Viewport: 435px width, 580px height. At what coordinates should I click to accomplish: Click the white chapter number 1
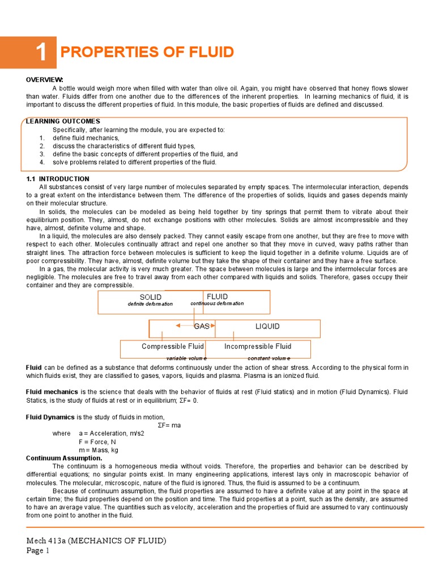click(40, 53)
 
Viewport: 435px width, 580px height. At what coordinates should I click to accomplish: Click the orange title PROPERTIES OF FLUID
click(147, 53)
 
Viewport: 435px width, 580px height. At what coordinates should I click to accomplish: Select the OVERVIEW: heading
click(45, 80)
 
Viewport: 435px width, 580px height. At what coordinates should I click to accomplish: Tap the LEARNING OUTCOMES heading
click(63, 121)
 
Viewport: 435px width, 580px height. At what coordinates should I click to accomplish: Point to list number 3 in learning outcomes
click(42, 154)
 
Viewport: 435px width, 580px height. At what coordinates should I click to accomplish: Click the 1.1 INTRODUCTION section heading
click(58, 179)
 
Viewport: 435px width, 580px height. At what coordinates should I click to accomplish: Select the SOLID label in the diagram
click(150, 297)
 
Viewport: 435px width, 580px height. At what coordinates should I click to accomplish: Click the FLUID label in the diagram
click(217, 297)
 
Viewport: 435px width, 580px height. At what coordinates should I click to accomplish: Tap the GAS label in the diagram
click(202, 326)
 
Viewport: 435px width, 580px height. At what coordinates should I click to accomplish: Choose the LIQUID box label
click(267, 327)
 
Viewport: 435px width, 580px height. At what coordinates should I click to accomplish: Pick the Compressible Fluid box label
click(172, 347)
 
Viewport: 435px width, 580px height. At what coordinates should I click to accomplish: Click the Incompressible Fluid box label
click(258, 347)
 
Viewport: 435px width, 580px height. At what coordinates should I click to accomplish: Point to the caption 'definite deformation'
click(150, 304)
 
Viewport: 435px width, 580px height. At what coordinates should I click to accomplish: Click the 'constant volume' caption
click(269, 359)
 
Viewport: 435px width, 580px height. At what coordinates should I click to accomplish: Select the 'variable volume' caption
click(186, 359)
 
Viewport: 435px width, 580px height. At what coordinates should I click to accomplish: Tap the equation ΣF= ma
click(169, 425)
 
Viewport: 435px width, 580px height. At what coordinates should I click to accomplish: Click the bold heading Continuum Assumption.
click(64, 458)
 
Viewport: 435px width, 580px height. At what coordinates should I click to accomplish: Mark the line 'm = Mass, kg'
click(99, 450)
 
